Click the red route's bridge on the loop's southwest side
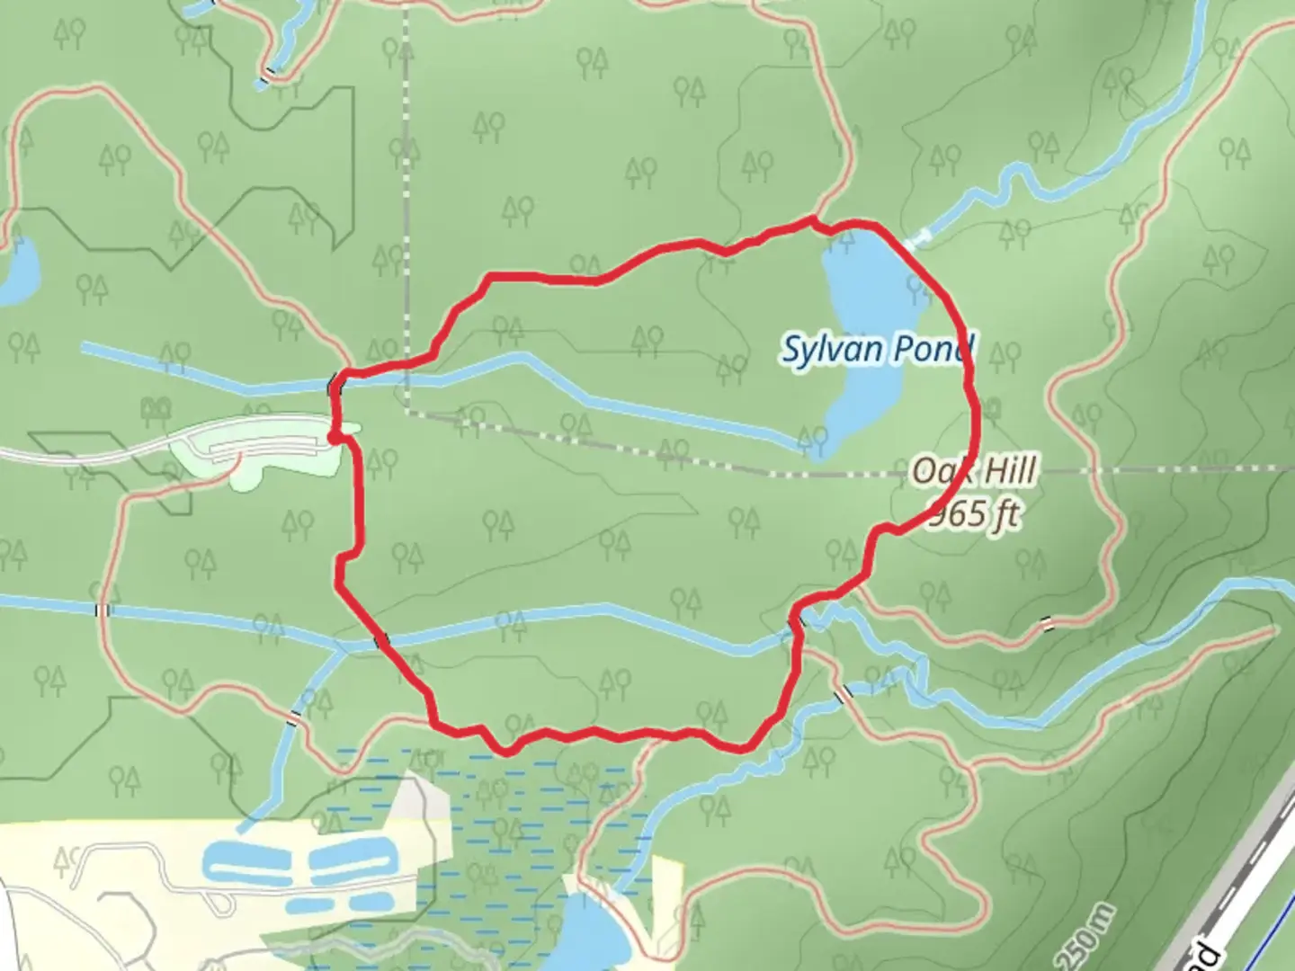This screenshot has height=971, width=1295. tap(381, 640)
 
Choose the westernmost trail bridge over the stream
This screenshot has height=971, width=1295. tap(103, 610)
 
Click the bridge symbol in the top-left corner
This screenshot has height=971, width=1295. tap(267, 77)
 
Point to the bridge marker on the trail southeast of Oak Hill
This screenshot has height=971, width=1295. tap(1046, 622)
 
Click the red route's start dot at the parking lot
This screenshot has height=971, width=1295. tap(334, 437)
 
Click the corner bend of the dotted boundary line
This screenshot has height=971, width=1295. tap(407, 413)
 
